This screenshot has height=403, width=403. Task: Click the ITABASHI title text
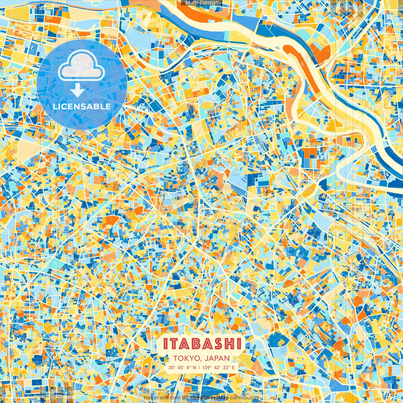coord(202,344)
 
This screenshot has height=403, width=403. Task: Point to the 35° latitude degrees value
coord(171,367)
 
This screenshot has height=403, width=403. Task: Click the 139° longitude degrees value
coord(207,367)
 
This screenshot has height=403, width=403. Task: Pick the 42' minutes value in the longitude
coord(217,367)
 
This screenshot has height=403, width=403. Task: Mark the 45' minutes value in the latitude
coord(181,367)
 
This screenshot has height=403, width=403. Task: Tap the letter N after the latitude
coord(194,367)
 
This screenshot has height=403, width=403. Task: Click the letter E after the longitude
coord(233,367)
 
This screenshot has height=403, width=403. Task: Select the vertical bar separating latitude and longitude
coord(199,367)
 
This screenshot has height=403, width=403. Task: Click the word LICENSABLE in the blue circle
coord(82,106)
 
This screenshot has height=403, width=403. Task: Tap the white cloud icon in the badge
coord(82,65)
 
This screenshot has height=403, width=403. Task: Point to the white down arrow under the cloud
coord(77,90)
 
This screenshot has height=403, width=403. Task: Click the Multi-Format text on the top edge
coord(201,3)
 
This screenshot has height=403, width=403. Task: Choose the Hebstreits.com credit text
coord(162,398)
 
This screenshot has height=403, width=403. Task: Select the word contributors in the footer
coord(245,398)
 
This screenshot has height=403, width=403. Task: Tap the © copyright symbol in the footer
coord(186,398)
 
